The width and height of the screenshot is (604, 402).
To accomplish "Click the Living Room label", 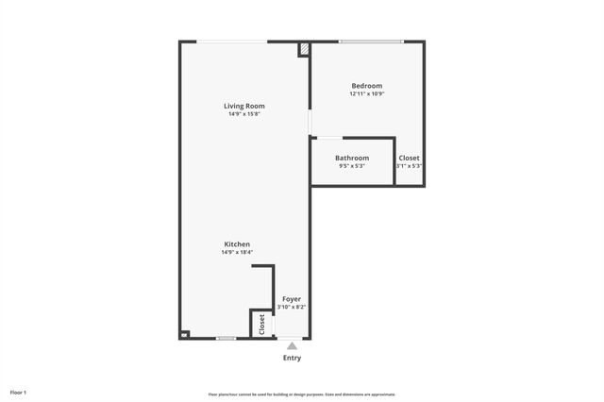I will coord(243,106).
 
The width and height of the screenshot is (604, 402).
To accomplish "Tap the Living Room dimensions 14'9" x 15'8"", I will coord(243,114).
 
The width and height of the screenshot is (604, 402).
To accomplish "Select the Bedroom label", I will coord(367,86).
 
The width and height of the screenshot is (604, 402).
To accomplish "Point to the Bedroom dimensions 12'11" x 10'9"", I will coord(367,94).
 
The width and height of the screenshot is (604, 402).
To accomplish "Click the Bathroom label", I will coord(352,158).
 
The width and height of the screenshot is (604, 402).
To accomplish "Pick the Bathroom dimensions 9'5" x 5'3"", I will coord(352,166).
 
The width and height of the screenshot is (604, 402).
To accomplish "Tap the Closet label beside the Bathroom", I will coord(409,158).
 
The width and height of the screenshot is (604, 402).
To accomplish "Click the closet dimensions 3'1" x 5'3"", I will coord(409,166).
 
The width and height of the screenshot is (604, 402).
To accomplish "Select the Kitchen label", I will coord(237,244).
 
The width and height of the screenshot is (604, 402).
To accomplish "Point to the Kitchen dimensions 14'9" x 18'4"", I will coord(237,253).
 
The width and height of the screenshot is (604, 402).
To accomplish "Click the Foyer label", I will coord(292,299).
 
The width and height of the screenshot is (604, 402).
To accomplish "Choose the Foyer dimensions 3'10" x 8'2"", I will coord(292,308).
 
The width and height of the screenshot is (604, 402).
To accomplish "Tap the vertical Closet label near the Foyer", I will coord(261,324).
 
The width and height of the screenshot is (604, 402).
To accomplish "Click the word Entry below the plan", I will coord(293,358).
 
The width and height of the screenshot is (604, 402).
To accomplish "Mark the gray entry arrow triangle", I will coord(293,346).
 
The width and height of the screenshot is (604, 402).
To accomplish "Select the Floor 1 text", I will coord(19,392).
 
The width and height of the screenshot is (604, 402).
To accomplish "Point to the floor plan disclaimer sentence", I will coord(302,394).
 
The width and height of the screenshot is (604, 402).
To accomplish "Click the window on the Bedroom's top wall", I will coord(371,42).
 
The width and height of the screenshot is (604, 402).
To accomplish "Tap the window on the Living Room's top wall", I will coord(231,42).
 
